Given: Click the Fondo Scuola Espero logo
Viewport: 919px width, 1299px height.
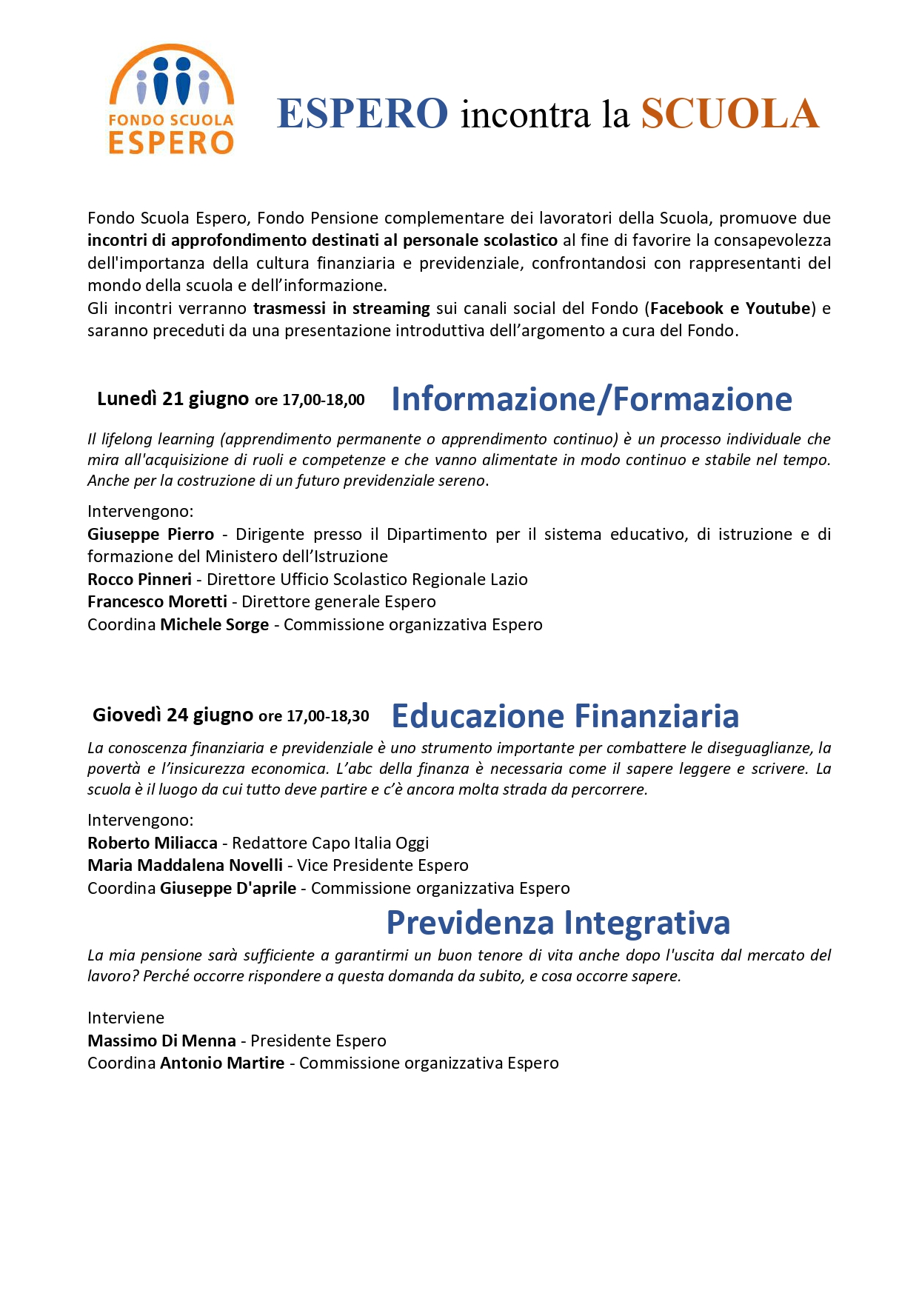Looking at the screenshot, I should (171, 99).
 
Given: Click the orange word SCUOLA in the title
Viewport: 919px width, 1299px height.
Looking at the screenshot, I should (729, 113).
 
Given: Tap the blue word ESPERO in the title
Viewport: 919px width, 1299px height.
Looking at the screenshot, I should (362, 113).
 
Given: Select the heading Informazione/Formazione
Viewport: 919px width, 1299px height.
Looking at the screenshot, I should (591, 399).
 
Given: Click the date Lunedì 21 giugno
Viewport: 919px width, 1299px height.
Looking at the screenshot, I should (173, 399).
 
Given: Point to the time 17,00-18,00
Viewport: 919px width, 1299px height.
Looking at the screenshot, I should (324, 400).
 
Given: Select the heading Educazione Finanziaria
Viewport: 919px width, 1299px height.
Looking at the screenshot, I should (565, 716).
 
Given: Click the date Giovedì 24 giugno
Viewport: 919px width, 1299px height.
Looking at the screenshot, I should (173, 715).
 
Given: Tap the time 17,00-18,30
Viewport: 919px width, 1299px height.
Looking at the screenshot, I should (328, 716).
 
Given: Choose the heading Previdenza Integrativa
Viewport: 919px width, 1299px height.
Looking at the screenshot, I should (558, 923).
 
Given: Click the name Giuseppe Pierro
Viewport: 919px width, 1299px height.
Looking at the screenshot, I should (150, 534).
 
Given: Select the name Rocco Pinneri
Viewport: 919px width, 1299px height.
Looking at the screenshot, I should (139, 579).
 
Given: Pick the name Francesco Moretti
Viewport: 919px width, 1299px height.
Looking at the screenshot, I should (157, 601).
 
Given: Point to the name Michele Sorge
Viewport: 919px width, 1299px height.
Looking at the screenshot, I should (214, 624).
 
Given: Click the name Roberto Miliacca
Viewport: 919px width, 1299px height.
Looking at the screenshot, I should (153, 843).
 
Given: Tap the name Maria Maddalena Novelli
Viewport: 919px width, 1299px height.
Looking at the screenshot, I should (185, 865).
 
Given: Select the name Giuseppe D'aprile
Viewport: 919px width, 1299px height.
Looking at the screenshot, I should (228, 888).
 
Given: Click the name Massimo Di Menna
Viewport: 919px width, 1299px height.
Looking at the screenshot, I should (161, 1041).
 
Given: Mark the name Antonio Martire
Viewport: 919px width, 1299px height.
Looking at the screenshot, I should (222, 1063).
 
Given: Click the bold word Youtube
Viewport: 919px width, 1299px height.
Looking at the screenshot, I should (778, 308).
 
